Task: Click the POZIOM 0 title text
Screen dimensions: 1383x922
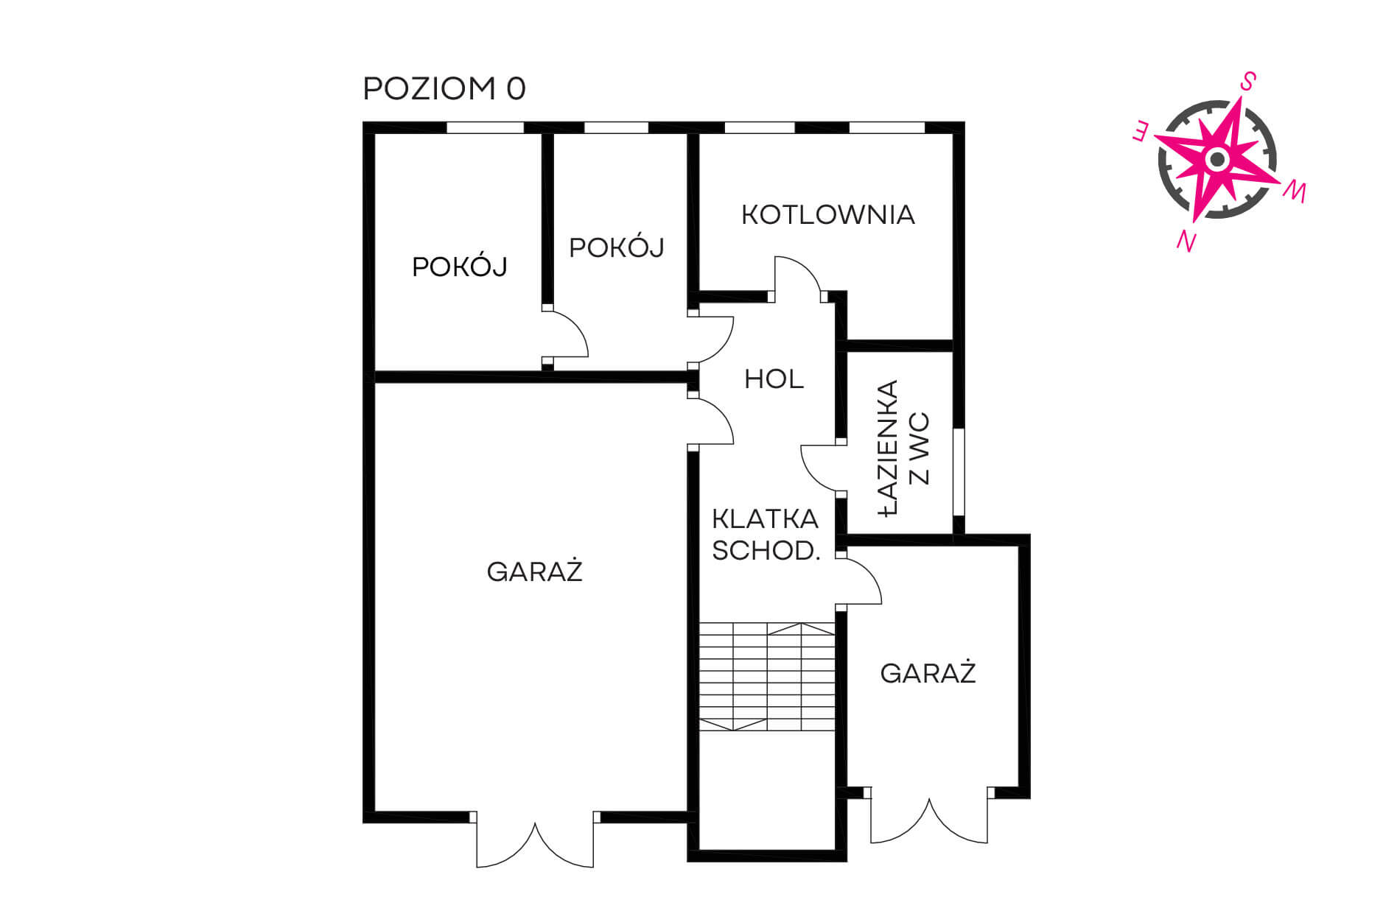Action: (444, 88)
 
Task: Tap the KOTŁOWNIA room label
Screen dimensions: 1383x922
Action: (828, 214)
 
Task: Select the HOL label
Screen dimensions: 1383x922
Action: (774, 379)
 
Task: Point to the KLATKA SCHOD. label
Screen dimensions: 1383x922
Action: (766, 535)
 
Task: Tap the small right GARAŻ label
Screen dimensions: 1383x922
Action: (928, 672)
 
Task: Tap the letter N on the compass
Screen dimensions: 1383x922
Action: (1186, 240)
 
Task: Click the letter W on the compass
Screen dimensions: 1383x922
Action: (1295, 191)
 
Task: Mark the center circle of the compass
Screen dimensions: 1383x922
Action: (1217, 159)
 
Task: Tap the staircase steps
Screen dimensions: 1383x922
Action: (767, 677)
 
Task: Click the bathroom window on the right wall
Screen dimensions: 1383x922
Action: (959, 471)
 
